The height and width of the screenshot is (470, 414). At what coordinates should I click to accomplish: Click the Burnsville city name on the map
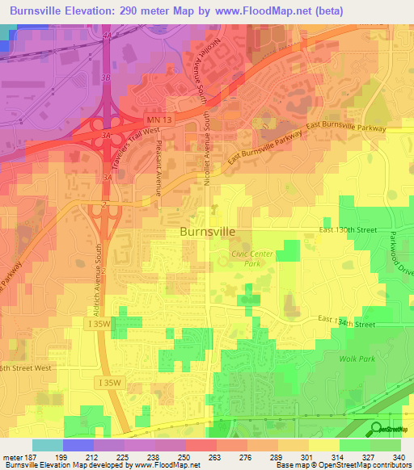click(207, 231)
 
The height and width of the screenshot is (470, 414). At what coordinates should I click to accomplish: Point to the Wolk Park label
click(353, 357)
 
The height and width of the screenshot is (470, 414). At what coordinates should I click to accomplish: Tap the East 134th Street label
click(347, 323)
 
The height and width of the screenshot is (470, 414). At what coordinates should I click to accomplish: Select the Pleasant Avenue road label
click(158, 174)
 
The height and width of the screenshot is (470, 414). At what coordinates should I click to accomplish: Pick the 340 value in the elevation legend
click(399, 456)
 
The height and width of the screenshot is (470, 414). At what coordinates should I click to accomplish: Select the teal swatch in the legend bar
click(47, 445)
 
